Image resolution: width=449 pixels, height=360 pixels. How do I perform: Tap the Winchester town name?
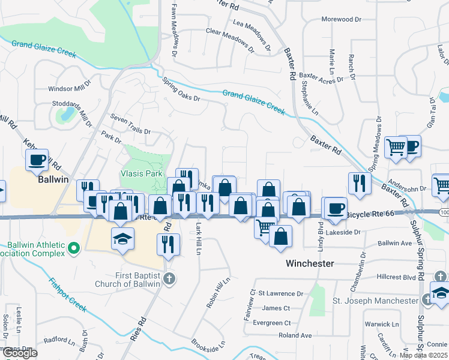310,263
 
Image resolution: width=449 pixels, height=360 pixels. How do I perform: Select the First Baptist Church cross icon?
170,279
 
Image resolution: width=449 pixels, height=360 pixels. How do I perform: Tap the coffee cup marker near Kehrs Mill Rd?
37,160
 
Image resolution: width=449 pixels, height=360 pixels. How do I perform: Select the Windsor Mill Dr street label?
70,89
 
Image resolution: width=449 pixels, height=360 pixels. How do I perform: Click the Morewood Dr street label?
342,19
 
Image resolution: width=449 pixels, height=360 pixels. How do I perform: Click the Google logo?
20,353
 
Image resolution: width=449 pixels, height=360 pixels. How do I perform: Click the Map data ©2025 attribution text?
423,355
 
